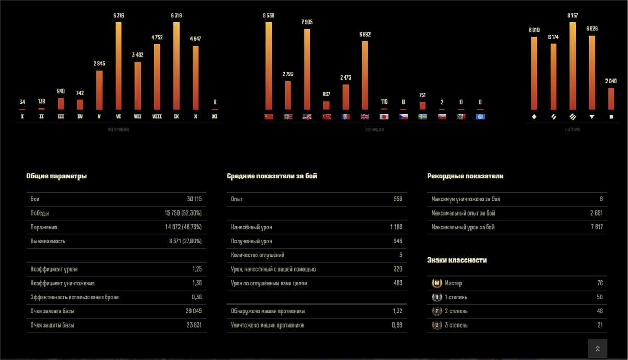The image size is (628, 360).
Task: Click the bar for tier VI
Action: point(118,66)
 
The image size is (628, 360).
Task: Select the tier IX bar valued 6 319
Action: point(176,66)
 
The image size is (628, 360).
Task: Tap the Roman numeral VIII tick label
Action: point(156,116)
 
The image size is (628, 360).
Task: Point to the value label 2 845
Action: point(99,64)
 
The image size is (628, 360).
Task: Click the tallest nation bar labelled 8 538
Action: point(268,66)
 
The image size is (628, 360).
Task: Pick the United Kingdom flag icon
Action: point(364,116)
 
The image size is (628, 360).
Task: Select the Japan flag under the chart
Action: point(384,116)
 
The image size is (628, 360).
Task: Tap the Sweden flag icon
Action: point(422,116)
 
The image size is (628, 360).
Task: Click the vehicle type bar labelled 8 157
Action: point(573,66)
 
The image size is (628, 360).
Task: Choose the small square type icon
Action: point(611,117)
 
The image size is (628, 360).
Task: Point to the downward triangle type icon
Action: point(592,117)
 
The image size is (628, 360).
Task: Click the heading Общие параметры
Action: point(57,176)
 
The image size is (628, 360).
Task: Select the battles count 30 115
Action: point(194,199)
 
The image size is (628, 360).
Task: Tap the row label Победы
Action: point(40,213)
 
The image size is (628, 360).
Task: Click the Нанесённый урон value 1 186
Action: point(396,228)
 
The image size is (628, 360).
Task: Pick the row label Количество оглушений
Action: point(257,255)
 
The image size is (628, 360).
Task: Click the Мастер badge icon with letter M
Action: point(436,283)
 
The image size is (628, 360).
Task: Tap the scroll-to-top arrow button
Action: point(598,348)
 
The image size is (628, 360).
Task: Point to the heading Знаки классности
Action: point(457,260)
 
